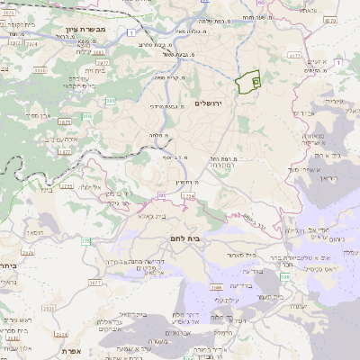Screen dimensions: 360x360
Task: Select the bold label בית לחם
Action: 184,238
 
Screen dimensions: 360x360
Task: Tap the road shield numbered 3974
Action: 31,42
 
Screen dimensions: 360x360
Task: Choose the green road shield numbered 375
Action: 86,241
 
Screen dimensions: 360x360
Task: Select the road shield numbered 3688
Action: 217,287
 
